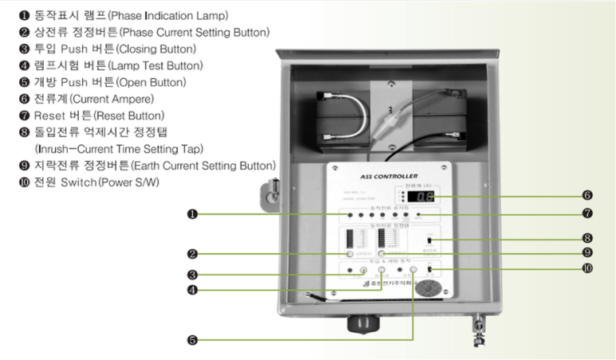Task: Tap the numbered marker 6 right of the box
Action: tap(587, 194)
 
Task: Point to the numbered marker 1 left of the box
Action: tap(193, 213)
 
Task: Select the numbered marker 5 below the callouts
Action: tap(193, 339)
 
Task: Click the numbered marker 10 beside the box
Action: tap(587, 268)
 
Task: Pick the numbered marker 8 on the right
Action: tap(587, 237)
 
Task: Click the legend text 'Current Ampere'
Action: tap(108, 99)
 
